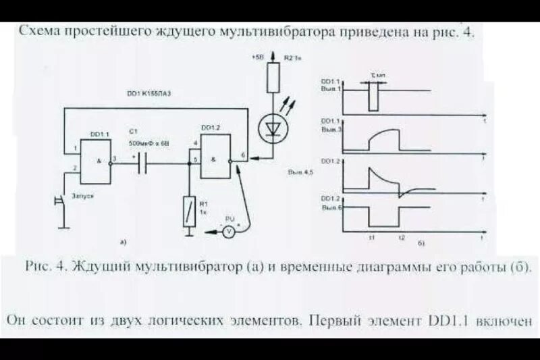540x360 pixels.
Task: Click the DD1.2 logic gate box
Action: pyautogui.click(x=215, y=155)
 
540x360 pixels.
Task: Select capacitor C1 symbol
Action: pyautogui.click(x=142, y=163)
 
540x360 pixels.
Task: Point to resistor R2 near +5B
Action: pyautogui.click(x=273, y=76)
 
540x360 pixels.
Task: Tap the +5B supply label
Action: pyautogui.click(x=256, y=59)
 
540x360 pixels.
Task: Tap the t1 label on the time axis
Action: pyautogui.click(x=371, y=238)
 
